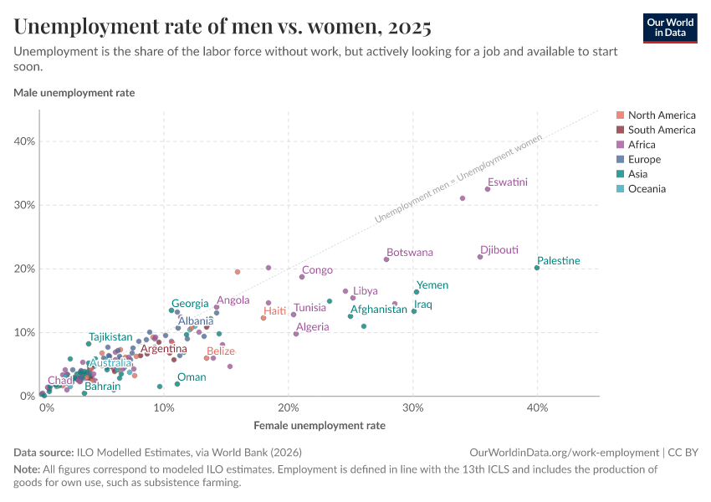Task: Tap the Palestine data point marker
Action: click(537, 268)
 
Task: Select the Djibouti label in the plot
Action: click(499, 249)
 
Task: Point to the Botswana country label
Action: click(410, 252)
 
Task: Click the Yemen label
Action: click(432, 285)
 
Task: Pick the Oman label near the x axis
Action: click(192, 377)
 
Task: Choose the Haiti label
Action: click(274, 310)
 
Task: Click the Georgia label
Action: click(190, 304)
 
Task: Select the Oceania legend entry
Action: click(647, 189)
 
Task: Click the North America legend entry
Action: click(661, 115)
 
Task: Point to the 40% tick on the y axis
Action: click(24, 141)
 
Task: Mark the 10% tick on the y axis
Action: click(24, 332)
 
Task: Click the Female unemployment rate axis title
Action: click(320, 425)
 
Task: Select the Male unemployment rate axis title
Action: click(74, 93)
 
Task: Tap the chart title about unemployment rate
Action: click(223, 28)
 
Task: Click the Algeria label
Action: click(313, 326)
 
